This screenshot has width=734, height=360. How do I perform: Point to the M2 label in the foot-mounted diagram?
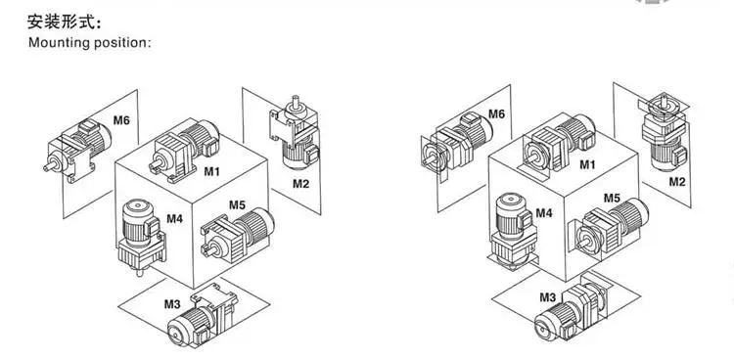tap(300, 183)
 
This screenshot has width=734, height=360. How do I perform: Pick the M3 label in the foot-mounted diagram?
tap(172, 303)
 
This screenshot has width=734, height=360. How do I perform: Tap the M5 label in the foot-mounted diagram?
tap(238, 205)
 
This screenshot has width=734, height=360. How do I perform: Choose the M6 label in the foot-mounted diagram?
tap(120, 120)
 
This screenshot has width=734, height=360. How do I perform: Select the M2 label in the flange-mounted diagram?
tap(676, 182)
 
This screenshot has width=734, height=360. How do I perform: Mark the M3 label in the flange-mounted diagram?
tap(547, 296)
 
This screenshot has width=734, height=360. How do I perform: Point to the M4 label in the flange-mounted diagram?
tap(543, 212)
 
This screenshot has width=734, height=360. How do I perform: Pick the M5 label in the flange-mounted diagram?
tap(612, 199)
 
